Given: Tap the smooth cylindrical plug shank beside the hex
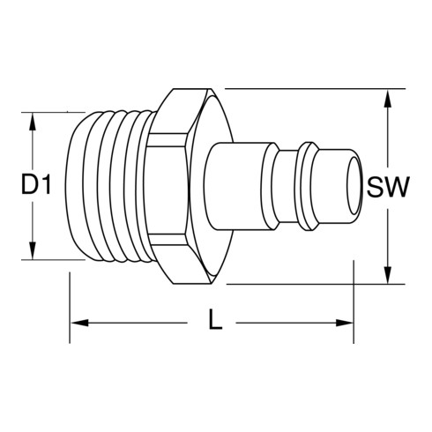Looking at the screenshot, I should coord(236,185).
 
